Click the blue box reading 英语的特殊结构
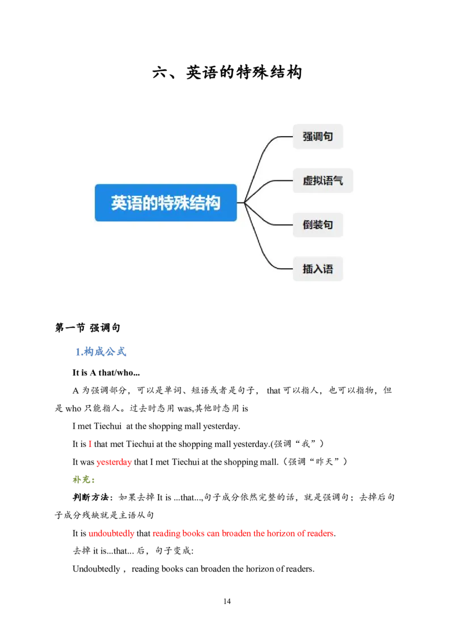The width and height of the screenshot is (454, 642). tap(166, 202)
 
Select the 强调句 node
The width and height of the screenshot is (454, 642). tap(318, 137)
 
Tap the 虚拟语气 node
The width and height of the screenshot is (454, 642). tap(322, 181)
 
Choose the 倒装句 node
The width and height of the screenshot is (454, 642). tap(318, 225)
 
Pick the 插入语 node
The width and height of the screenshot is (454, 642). tap(318, 269)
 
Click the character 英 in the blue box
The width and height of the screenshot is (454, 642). tap(119, 203)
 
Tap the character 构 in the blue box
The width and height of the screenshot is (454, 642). tap(213, 203)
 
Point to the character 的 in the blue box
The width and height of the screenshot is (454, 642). tap(150, 203)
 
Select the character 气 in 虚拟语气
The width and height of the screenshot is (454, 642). tap(338, 181)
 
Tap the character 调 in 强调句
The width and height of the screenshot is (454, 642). tap(318, 137)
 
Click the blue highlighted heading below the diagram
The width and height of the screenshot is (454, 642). tap(100, 352)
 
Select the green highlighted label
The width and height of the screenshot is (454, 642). tap(83, 480)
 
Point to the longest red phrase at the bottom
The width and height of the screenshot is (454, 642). tap(243, 534)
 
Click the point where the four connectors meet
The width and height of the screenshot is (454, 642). tap(245, 202)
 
